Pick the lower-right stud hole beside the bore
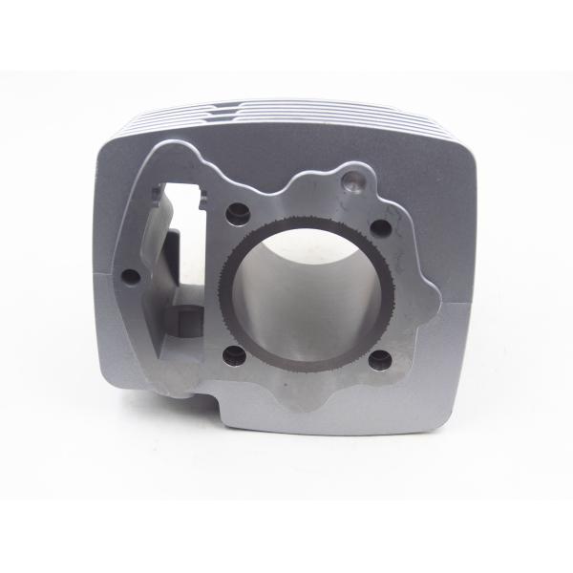[x=380, y=359]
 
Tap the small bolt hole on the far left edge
[x=133, y=277]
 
